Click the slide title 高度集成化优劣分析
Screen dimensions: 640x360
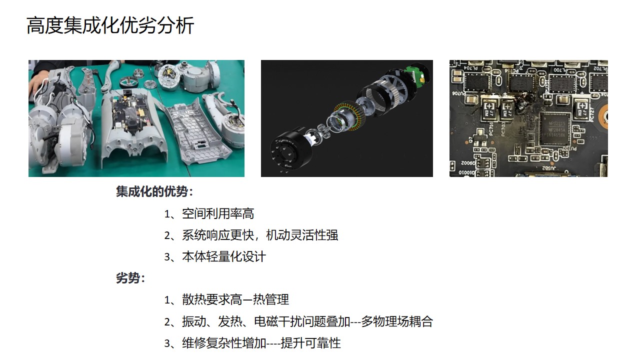(110, 25)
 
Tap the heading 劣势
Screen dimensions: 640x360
(128, 278)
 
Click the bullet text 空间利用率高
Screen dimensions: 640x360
(218, 213)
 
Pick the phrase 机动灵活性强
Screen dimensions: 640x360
(302, 235)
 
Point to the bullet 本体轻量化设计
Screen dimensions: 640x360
(224, 257)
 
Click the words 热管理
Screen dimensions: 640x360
(271, 299)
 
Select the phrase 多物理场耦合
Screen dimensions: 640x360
(397, 321)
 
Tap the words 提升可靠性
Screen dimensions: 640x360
(311, 343)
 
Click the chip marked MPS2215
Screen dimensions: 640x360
(555, 129)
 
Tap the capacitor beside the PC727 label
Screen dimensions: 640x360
(581, 108)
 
